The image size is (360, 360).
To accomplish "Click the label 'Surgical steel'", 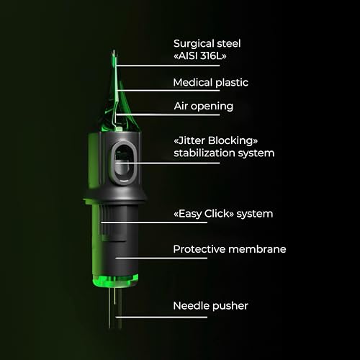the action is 207,44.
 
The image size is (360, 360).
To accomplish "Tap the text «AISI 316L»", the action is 200,56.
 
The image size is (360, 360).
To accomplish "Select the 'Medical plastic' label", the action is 210,83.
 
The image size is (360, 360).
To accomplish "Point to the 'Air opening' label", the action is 204,106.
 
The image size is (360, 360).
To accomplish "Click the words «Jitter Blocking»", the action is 215,140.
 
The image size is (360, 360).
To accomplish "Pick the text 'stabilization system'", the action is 224,153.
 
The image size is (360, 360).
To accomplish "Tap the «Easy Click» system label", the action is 223,214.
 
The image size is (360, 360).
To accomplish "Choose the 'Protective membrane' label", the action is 230,249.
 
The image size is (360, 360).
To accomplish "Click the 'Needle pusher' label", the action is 210,306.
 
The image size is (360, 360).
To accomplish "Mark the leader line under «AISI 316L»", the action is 168,66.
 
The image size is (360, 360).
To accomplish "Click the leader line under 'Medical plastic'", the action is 168,91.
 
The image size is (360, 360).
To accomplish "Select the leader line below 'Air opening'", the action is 168,114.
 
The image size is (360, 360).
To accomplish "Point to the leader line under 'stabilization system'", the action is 168,163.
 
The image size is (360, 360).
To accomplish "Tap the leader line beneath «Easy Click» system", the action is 154,222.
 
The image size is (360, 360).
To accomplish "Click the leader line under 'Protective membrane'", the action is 161,258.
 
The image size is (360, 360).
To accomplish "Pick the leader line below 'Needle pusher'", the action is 161,317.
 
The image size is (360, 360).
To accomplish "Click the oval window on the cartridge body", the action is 124,163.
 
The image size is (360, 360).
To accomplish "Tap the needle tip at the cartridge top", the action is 114,51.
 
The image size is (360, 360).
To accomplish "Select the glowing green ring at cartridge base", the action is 115,280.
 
